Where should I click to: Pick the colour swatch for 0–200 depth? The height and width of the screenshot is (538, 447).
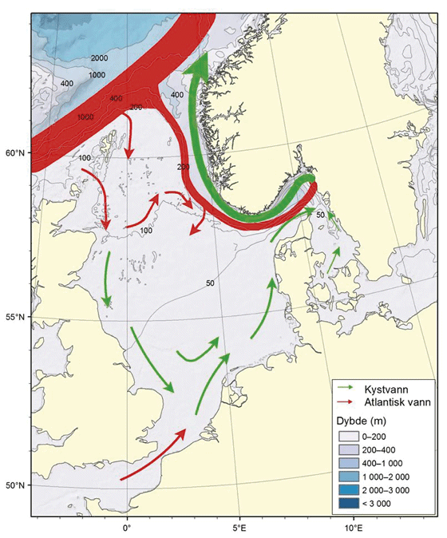(349, 437)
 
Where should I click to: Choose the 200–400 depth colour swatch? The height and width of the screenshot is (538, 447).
(349, 450)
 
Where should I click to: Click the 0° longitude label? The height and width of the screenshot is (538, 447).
(126, 528)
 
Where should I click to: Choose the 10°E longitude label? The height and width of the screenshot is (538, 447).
(354, 528)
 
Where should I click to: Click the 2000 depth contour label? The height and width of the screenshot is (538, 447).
(99, 58)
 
